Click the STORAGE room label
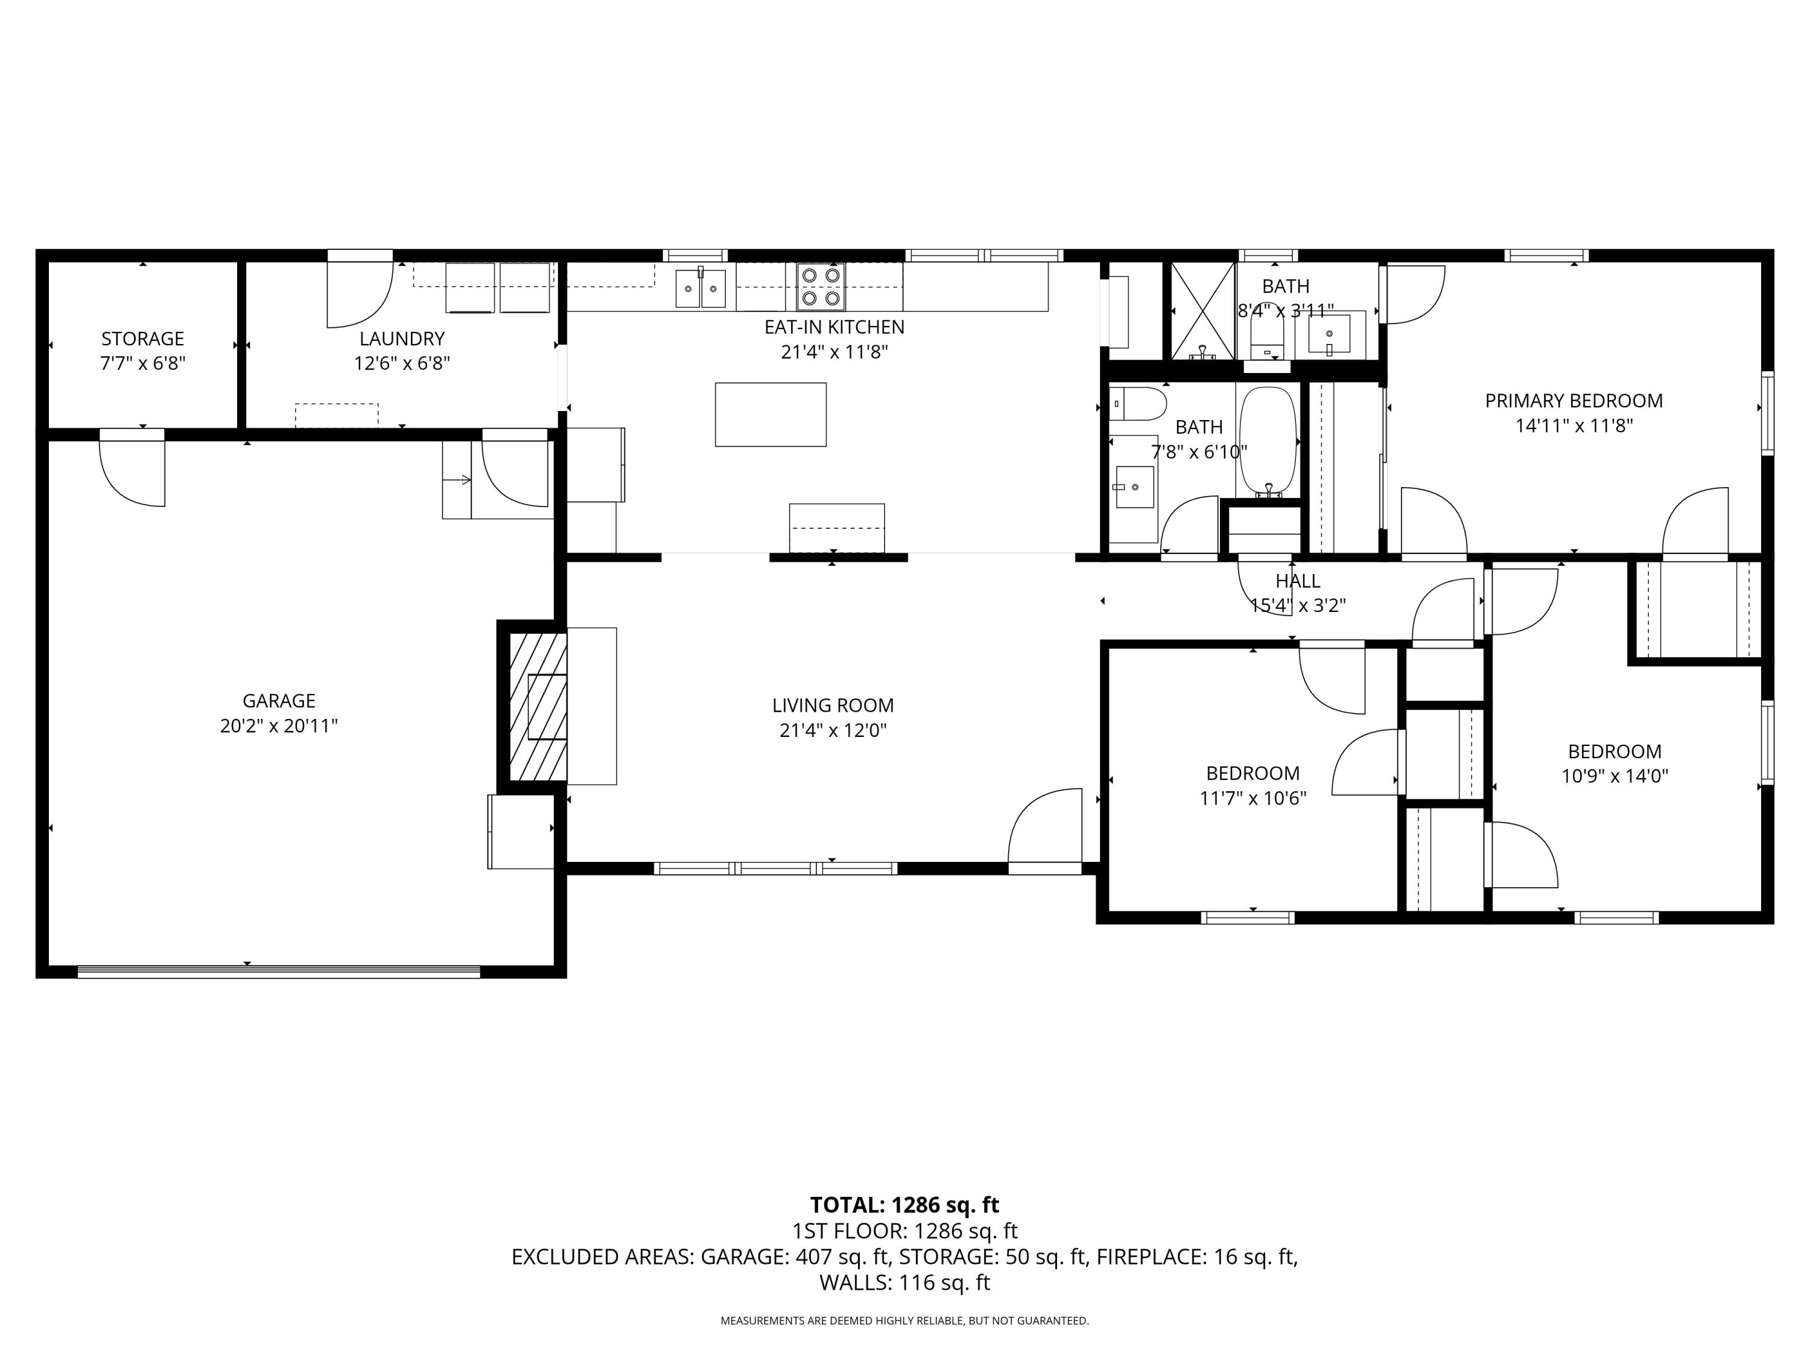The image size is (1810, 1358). [x=142, y=338]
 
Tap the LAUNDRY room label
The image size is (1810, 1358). [x=402, y=338]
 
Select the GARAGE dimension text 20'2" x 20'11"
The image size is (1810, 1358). [x=279, y=726]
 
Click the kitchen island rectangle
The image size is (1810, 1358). [x=771, y=414]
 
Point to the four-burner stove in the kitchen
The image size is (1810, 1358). [x=822, y=287]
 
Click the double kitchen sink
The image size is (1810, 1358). [x=700, y=288]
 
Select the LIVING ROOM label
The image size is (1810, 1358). [x=833, y=705]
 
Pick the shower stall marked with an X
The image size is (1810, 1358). [x=1202, y=311]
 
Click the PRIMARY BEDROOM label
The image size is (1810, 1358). [x=1574, y=400]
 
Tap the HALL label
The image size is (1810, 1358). [x=1298, y=581]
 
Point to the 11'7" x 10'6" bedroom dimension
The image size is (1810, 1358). [x=1253, y=798]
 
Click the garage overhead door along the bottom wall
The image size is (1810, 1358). [x=279, y=972]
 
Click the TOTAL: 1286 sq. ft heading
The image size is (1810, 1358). [x=904, y=1205]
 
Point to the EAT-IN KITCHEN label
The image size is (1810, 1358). [x=834, y=327]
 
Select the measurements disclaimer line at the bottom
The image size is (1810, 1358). [x=904, y=1321]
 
